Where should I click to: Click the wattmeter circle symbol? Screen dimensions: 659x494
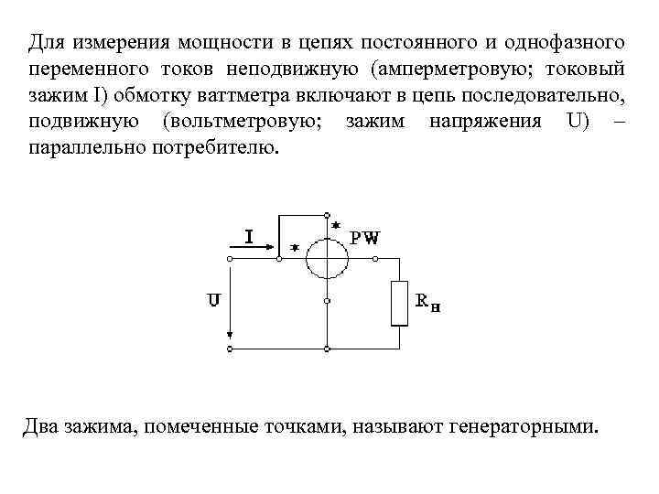click(x=328, y=258)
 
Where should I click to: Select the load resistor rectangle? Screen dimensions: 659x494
click(x=399, y=303)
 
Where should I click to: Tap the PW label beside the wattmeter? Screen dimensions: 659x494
click(x=366, y=238)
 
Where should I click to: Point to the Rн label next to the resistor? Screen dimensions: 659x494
click(x=428, y=303)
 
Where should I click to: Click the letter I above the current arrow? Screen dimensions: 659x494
click(x=248, y=236)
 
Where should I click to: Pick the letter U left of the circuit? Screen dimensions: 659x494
click(x=212, y=299)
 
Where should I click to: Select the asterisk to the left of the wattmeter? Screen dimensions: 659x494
click(x=295, y=247)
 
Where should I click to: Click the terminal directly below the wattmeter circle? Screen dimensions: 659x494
click(x=328, y=301)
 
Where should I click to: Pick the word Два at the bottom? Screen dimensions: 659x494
click(x=42, y=426)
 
